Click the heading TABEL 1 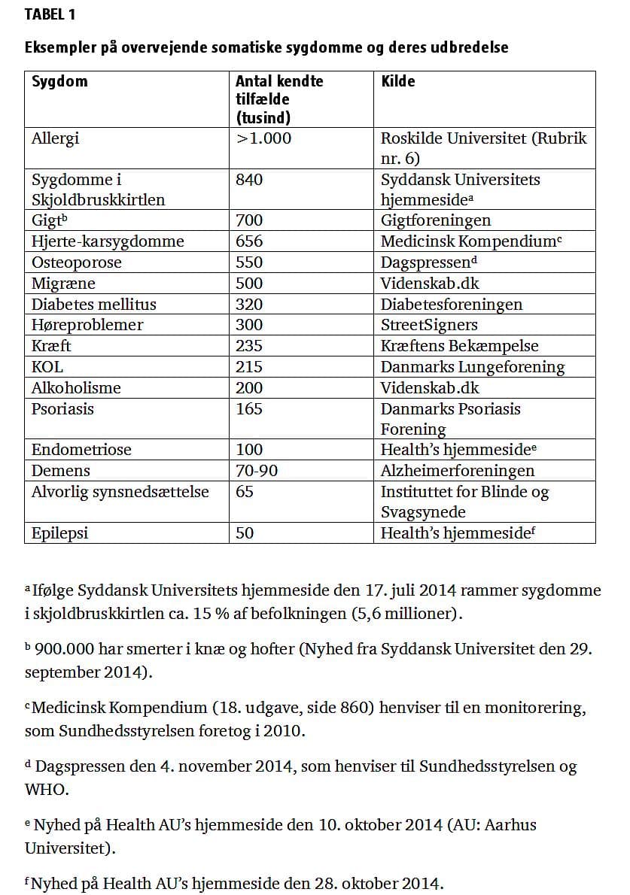pyautogui.click(x=50, y=14)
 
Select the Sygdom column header pyautogui.click(x=59, y=81)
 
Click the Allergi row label pyautogui.click(x=55, y=138)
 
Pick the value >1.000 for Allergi pyautogui.click(x=263, y=138)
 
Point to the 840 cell pyautogui.click(x=249, y=180)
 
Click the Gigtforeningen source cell pyautogui.click(x=435, y=220)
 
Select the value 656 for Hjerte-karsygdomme pyautogui.click(x=249, y=241)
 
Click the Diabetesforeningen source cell pyautogui.click(x=451, y=305)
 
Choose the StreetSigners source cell pyautogui.click(x=428, y=325)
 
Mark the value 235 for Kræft pyautogui.click(x=249, y=346)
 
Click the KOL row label pyautogui.click(x=47, y=367)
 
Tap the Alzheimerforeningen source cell pyautogui.click(x=457, y=471)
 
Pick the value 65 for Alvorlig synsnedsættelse pyautogui.click(x=245, y=492)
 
